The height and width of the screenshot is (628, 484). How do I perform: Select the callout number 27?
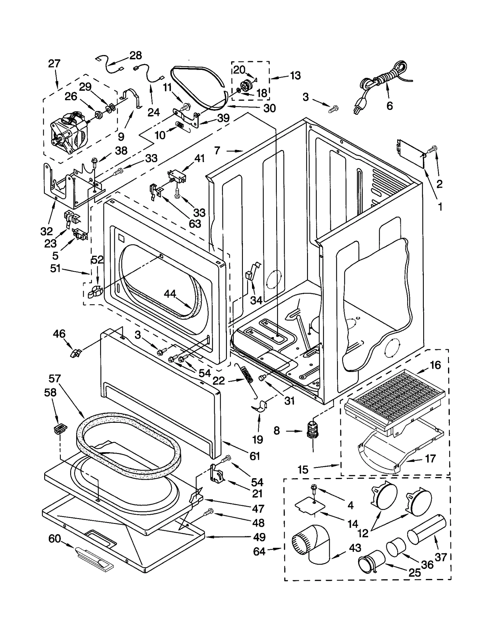pos(54,64)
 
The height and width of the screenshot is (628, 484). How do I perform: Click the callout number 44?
pos(170,294)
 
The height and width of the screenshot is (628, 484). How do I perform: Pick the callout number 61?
pos(255,456)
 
